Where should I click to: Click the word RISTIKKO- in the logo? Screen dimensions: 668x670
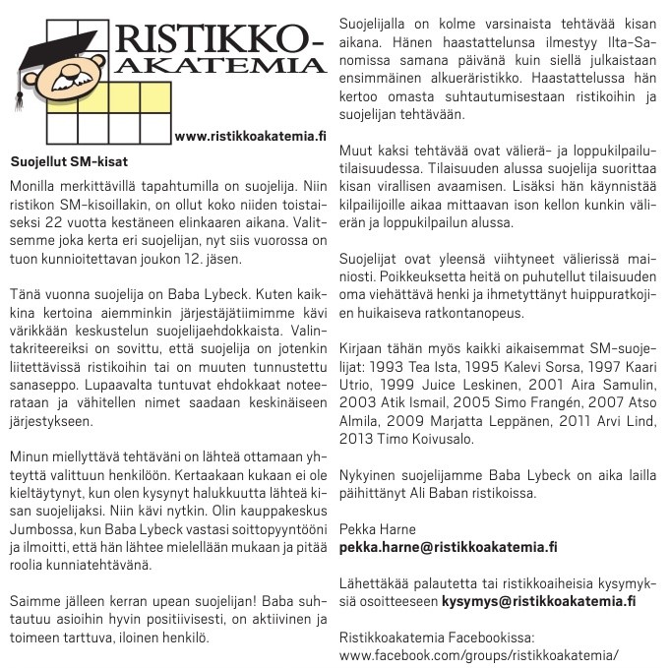point(219,39)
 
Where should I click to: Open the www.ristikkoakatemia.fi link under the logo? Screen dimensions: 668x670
point(249,136)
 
